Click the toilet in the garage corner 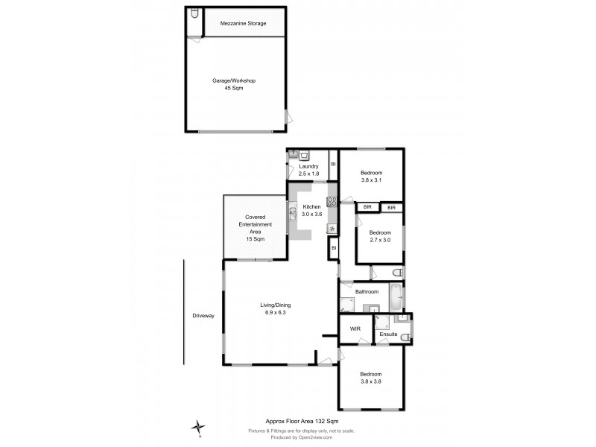[x=193, y=15]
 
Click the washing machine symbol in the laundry [x=305, y=155]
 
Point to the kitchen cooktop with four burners [x=331, y=201]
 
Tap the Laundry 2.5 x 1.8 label [x=308, y=170]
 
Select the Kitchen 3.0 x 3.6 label [x=311, y=210]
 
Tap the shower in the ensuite [x=382, y=322]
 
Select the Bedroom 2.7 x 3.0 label [x=381, y=236]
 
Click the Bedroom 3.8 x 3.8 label [x=371, y=378]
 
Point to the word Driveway [x=203, y=315]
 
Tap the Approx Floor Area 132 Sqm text [x=297, y=421]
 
